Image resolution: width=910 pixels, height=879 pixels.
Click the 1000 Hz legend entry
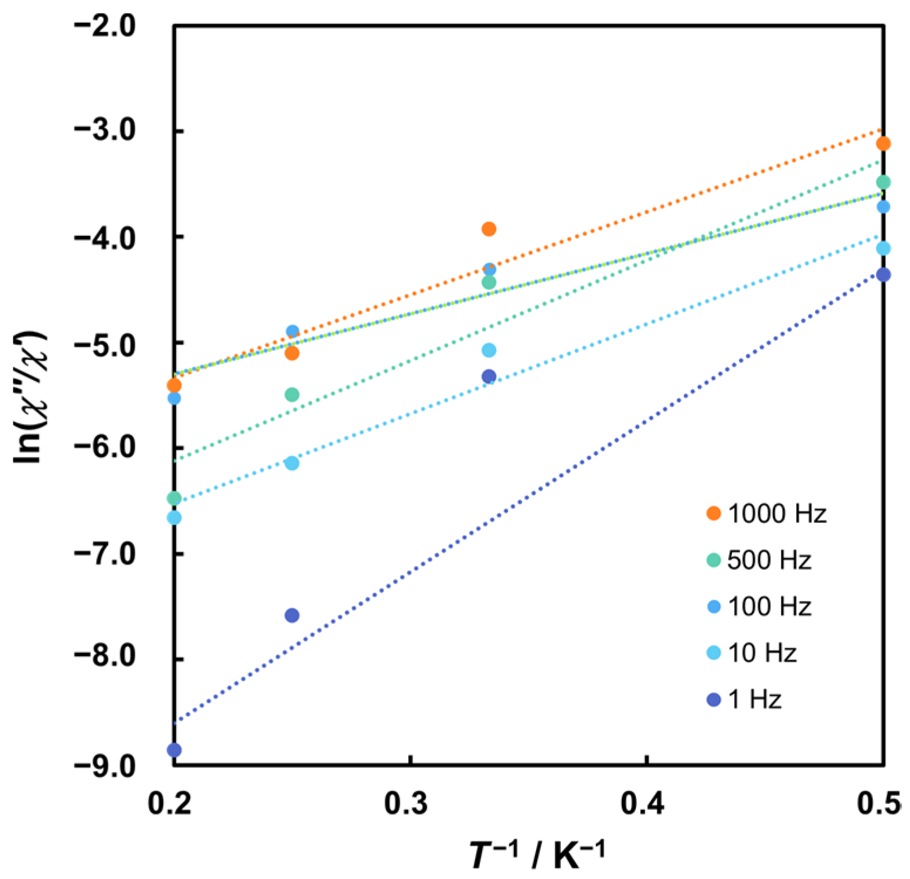pyautogui.click(x=766, y=514)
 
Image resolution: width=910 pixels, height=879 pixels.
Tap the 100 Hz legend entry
pyautogui.click(x=759, y=606)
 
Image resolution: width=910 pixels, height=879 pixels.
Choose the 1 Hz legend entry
pyautogui.click(x=744, y=699)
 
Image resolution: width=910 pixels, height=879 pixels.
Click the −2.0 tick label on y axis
pyautogui.click(x=105, y=26)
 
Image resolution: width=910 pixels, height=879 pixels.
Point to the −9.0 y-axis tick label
pyautogui.click(x=105, y=765)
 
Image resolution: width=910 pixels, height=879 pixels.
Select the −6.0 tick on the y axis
pyautogui.click(x=105, y=448)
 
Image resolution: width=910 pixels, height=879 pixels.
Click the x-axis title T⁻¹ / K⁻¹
pyautogui.click(x=536, y=856)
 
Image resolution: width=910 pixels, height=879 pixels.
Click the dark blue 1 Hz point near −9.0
pyautogui.click(x=174, y=750)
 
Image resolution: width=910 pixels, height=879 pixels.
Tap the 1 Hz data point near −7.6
pyautogui.click(x=292, y=615)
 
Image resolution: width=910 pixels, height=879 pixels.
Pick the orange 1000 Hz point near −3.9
pyautogui.click(x=489, y=229)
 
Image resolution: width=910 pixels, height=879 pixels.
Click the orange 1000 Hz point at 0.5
pyautogui.click(x=883, y=143)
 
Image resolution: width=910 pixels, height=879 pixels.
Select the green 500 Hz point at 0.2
pyautogui.click(x=174, y=498)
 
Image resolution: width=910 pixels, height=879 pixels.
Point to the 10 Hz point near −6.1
pyautogui.click(x=292, y=463)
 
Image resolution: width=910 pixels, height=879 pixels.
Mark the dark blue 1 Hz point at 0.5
pyautogui.click(x=883, y=275)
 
